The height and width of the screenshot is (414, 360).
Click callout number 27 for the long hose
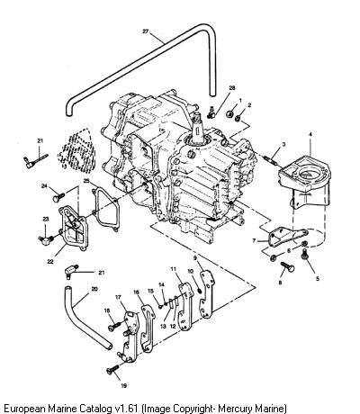click(x=146, y=31)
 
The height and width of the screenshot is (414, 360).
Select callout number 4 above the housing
click(x=310, y=135)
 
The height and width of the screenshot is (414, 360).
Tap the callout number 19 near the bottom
click(x=123, y=386)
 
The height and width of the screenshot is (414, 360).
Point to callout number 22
click(x=50, y=262)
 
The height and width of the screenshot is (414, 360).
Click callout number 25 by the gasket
click(x=86, y=181)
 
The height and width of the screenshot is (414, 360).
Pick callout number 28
click(x=232, y=88)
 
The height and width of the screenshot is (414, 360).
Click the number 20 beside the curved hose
click(x=94, y=290)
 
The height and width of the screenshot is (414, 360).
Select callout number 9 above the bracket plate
click(x=195, y=257)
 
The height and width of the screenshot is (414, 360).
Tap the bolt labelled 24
click(x=58, y=197)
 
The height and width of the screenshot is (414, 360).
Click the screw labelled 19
click(x=112, y=370)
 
